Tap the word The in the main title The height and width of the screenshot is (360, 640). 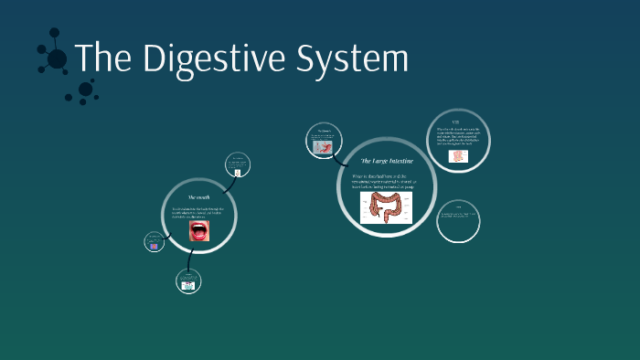coord(102,58)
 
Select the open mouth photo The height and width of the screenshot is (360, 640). coord(199,231)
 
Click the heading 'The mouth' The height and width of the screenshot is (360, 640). coord(199,197)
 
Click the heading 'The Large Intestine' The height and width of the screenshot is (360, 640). coord(387,161)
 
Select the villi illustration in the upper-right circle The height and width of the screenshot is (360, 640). coord(459,156)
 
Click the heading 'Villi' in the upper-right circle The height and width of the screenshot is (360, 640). coord(456,122)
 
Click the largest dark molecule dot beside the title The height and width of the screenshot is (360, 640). coord(57,59)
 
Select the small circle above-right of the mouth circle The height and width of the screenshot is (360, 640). coord(237,165)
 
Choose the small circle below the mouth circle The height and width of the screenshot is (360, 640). coord(188,283)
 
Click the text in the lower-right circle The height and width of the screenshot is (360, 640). coord(459,216)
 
